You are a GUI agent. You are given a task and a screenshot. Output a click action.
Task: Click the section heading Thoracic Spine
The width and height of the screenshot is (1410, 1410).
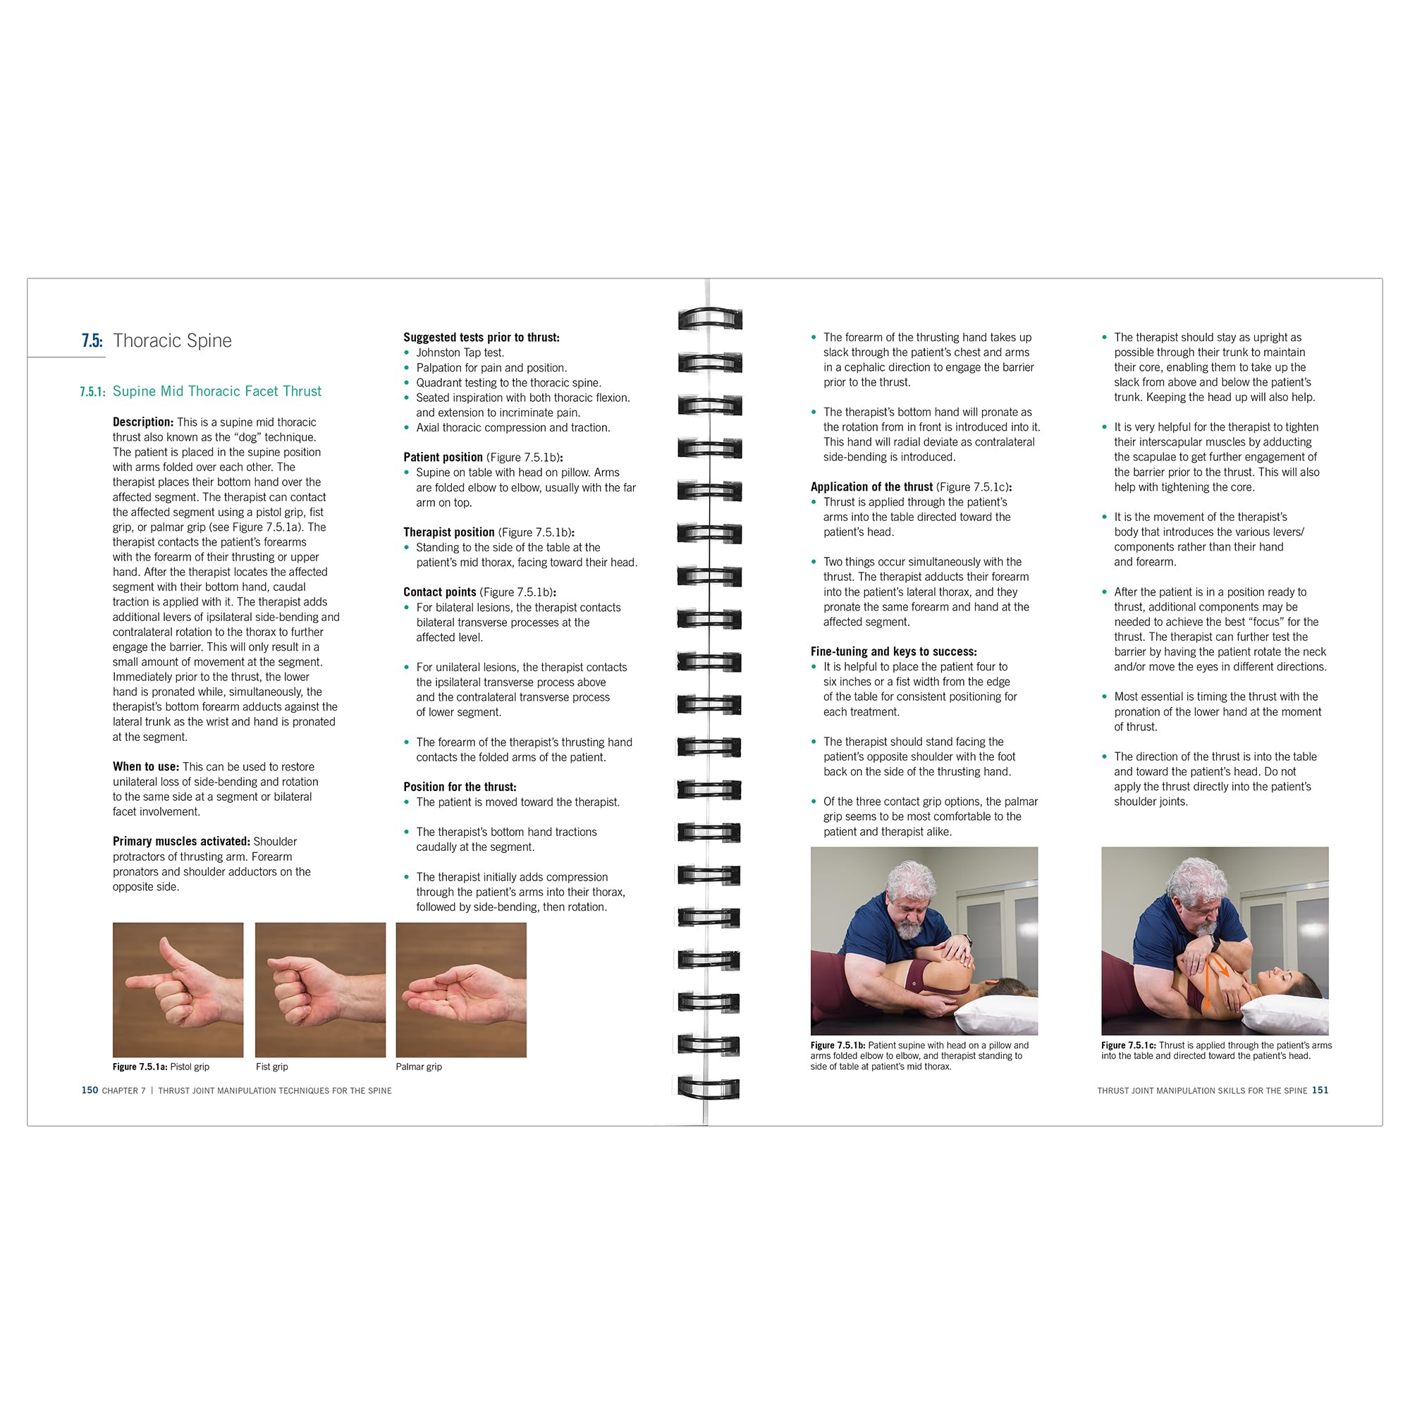(x=172, y=341)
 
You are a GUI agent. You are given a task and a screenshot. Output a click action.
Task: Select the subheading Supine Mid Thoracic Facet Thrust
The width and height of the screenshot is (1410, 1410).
(x=216, y=391)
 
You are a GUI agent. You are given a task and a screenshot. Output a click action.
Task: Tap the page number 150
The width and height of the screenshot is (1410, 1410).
(x=90, y=1091)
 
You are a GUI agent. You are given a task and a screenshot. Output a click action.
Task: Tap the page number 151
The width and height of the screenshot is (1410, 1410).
(x=1320, y=1091)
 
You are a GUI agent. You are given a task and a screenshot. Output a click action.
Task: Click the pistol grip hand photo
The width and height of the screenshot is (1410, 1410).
(x=178, y=990)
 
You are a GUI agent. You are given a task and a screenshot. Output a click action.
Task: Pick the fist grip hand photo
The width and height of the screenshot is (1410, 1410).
(x=320, y=990)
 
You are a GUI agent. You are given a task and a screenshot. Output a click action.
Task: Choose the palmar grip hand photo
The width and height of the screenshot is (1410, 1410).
(x=461, y=990)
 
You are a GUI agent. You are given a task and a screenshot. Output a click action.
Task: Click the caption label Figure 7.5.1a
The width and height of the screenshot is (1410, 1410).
(x=140, y=1067)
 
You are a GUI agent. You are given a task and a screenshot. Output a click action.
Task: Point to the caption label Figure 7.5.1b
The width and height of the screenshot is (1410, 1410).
(x=838, y=1046)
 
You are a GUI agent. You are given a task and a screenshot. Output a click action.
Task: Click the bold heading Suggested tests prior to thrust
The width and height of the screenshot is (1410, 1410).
(x=482, y=338)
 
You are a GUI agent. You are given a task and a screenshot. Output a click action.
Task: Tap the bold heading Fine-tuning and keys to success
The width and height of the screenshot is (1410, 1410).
(x=894, y=651)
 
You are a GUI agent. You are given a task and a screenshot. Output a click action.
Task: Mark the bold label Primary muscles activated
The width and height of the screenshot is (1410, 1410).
(x=182, y=842)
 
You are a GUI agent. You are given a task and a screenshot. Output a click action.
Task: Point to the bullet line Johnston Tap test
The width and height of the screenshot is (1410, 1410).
(x=460, y=353)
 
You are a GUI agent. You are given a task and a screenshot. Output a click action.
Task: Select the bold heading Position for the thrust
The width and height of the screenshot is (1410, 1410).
(x=460, y=787)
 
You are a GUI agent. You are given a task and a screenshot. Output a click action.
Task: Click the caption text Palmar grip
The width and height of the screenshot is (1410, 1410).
(x=419, y=1067)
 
